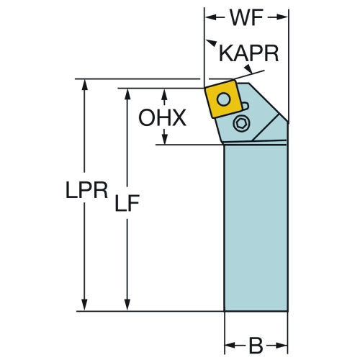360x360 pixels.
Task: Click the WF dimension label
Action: [x=246, y=17]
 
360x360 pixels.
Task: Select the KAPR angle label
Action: [x=249, y=53]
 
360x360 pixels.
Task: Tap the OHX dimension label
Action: [x=162, y=117]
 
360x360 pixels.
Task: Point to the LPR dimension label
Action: [x=86, y=190]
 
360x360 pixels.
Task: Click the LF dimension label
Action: [x=127, y=203]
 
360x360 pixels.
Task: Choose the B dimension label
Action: [x=256, y=346]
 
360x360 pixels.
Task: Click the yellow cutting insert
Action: [x=224, y=99]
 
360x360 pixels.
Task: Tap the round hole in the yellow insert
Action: [x=224, y=99]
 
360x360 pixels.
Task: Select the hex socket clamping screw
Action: [x=241, y=124]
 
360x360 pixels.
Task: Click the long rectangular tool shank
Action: [x=256, y=228]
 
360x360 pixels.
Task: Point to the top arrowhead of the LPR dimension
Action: [x=84, y=85]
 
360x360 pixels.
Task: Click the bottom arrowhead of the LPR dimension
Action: [x=84, y=305]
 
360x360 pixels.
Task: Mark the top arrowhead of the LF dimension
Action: [x=127, y=94]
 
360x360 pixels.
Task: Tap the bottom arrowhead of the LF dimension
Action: [x=127, y=305]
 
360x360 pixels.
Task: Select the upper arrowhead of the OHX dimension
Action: [x=164, y=94]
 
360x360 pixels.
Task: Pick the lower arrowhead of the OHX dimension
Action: [x=164, y=139]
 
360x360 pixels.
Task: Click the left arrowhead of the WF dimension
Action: [x=210, y=17]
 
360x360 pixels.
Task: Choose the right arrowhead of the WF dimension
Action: [x=282, y=17]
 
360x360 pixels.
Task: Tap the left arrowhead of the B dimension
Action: [x=230, y=346]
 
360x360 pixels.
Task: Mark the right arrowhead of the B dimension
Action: [x=282, y=346]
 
